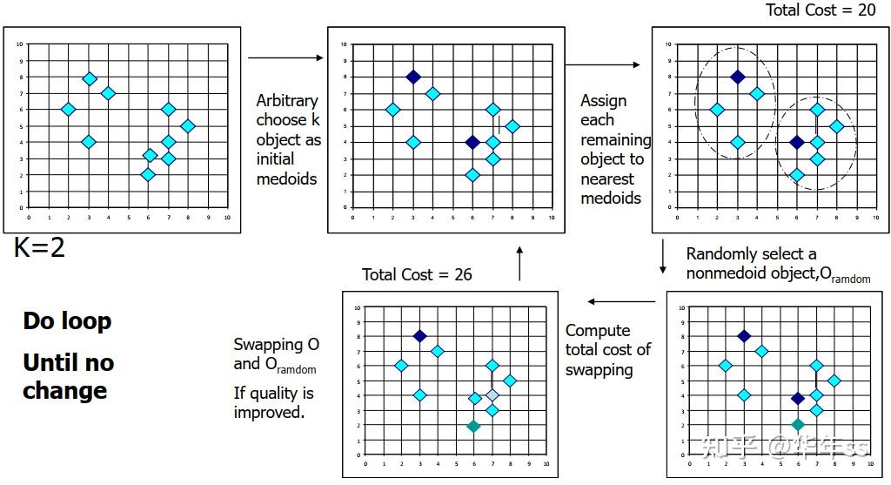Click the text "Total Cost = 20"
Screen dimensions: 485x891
point(820,10)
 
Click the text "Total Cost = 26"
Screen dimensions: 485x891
point(417,274)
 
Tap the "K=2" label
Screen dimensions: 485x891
point(39,248)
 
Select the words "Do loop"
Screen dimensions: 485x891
point(67,321)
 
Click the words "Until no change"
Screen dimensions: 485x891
point(68,376)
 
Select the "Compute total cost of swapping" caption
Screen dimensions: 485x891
point(607,350)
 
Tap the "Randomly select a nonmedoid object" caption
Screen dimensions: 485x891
point(777,264)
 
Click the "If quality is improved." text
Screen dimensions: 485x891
point(273,402)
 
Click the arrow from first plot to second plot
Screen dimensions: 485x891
point(273,58)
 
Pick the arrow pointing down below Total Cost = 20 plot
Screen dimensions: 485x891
point(664,256)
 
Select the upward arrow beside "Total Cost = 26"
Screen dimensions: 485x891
point(519,263)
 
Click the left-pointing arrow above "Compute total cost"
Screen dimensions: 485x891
point(621,302)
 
